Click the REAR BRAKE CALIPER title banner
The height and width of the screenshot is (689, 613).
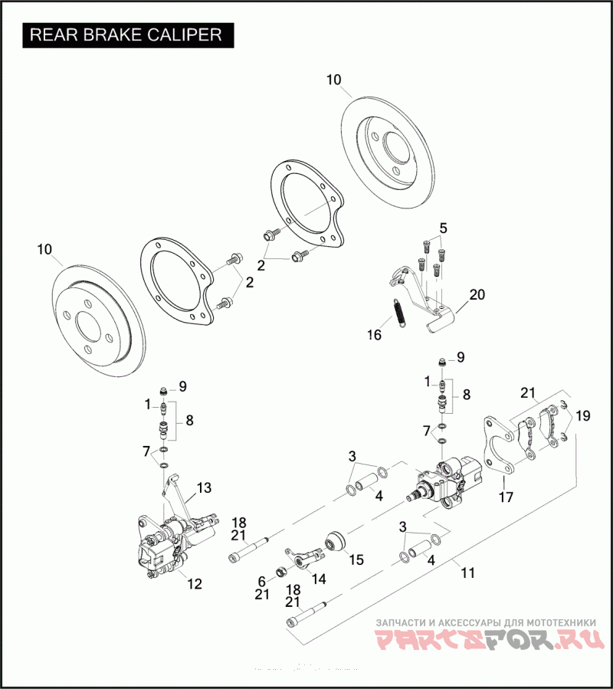pos(126,35)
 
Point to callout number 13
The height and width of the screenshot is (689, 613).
pos(203,488)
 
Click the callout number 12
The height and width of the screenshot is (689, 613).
pos(195,584)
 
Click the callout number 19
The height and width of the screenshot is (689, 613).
pos(583,416)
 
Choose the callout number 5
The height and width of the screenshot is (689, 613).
pos(443,228)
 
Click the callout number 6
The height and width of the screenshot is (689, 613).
pos(261,581)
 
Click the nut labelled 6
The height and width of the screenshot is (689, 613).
pos(280,571)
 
